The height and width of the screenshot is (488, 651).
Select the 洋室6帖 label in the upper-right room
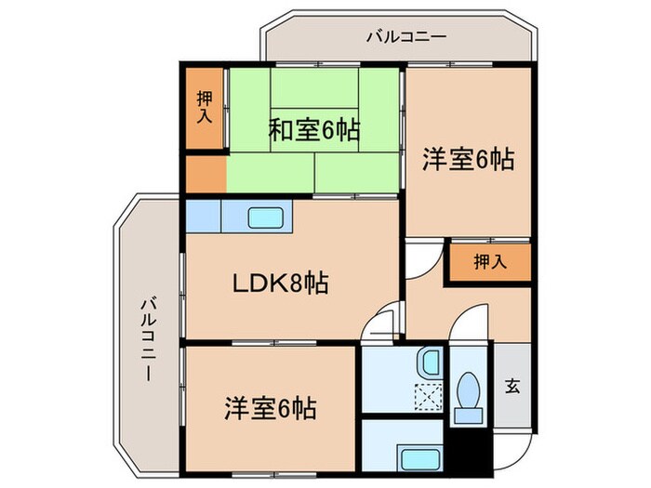[468, 160]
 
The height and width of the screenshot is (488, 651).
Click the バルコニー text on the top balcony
[406, 37]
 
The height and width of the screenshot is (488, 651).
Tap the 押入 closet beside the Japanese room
[205, 109]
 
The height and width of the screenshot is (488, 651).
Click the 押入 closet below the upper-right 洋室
[490, 261]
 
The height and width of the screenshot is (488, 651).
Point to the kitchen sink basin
[269, 218]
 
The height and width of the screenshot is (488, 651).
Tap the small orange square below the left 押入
[205, 174]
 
